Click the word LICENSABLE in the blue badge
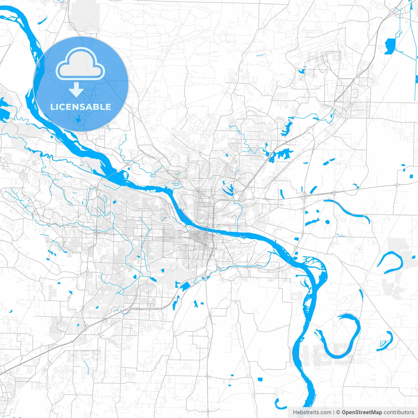[81, 107]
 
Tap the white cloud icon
[80, 64]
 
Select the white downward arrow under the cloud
[76, 90]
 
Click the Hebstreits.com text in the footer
[312, 412]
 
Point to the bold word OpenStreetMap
[362, 412]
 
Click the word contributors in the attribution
[399, 412]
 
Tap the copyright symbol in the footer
[338, 412]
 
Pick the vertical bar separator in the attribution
[334, 412]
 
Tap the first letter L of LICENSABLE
[52, 107]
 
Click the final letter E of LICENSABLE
[108, 107]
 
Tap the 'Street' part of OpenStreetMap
[363, 412]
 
